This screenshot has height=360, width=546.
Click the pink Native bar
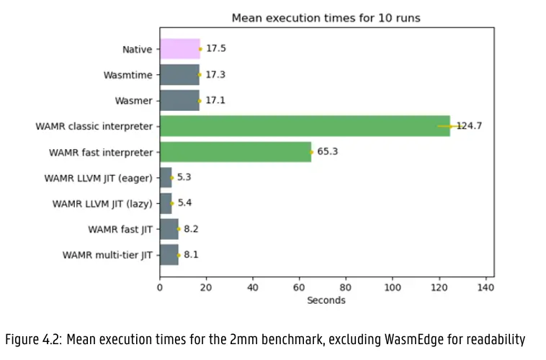coord(179,49)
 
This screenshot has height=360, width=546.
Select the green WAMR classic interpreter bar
coord(304,126)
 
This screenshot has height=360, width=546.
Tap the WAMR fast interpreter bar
coord(235,152)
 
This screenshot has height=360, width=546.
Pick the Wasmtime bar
coord(179,74)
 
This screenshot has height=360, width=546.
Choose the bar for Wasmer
coord(179,100)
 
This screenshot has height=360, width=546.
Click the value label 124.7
coord(469,126)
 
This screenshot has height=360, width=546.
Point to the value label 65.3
coord(328,152)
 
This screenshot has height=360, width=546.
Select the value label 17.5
coord(216,49)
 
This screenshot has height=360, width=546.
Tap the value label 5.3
coord(184,177)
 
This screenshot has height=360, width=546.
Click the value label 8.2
coord(191,229)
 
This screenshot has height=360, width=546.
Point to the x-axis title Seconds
coord(326,300)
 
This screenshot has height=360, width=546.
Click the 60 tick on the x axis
coord(299,287)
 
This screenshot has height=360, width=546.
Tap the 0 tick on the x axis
coord(160,287)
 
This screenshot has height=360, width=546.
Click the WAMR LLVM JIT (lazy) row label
coord(102,203)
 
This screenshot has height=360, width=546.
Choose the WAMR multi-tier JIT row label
coord(107,254)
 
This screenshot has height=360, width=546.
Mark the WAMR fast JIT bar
coord(169,229)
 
